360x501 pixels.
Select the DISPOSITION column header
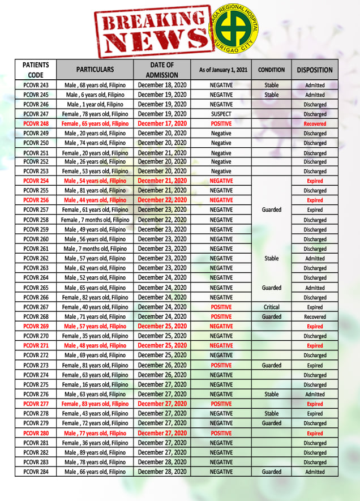[315, 70]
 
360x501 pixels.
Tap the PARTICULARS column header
[95, 70]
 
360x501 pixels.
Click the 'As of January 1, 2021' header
[221, 70]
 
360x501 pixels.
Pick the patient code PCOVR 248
[36, 123]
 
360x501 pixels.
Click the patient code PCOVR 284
[36, 472]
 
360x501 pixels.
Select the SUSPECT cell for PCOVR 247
[221, 114]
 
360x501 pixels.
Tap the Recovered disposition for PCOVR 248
[315, 123]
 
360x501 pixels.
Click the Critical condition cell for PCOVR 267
[272, 307]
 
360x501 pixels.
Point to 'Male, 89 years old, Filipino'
[95, 452]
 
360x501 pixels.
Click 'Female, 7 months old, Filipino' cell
[95, 220]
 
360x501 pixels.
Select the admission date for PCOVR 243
[162, 85]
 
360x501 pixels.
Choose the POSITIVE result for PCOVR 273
[221, 365]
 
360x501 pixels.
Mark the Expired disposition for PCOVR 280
[315, 433]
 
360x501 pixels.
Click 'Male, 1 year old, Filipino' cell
[95, 104]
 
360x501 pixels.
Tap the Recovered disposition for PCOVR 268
[315, 316]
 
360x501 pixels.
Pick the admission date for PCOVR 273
[162, 365]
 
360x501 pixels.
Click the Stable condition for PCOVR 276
[272, 394]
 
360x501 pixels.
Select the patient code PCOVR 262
[36, 258]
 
